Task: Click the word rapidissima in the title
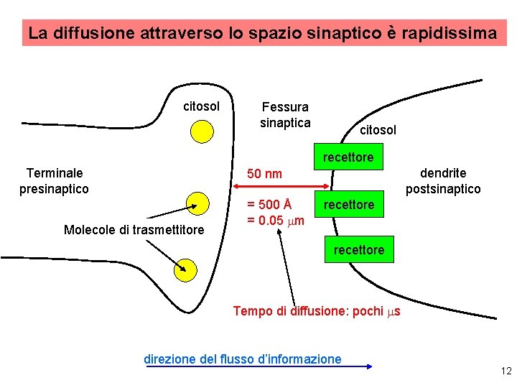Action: click(x=450, y=33)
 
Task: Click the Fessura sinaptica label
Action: click(x=285, y=115)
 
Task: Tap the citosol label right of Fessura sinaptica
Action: click(x=378, y=130)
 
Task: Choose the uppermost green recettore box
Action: click(x=348, y=157)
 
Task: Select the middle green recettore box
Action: click(x=348, y=205)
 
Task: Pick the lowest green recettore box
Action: click(x=358, y=250)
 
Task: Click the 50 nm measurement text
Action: click(x=264, y=174)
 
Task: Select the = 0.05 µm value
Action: click(x=276, y=220)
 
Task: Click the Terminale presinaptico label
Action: click(x=55, y=181)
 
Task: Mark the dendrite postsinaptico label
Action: click(x=443, y=181)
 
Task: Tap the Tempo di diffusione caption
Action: click(x=317, y=311)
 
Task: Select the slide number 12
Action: click(x=506, y=371)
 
